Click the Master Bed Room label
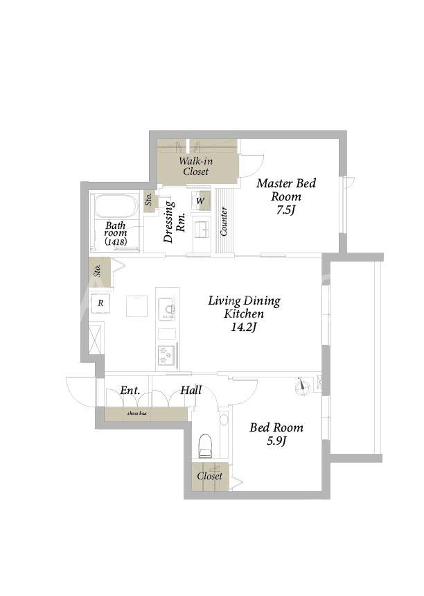(286, 190)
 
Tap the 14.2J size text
(244, 327)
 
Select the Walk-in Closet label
(196, 166)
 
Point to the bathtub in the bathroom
(116, 207)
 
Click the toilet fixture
(205, 446)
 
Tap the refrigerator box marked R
(100, 303)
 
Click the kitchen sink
(167, 308)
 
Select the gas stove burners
(168, 355)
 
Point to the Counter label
(224, 221)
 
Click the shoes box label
(137, 413)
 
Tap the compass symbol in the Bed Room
(303, 387)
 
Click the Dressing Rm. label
(174, 221)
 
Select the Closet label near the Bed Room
(209, 476)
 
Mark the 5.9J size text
(276, 441)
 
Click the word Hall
(191, 391)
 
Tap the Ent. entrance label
(130, 391)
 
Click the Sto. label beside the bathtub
(149, 200)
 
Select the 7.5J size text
(285, 210)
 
